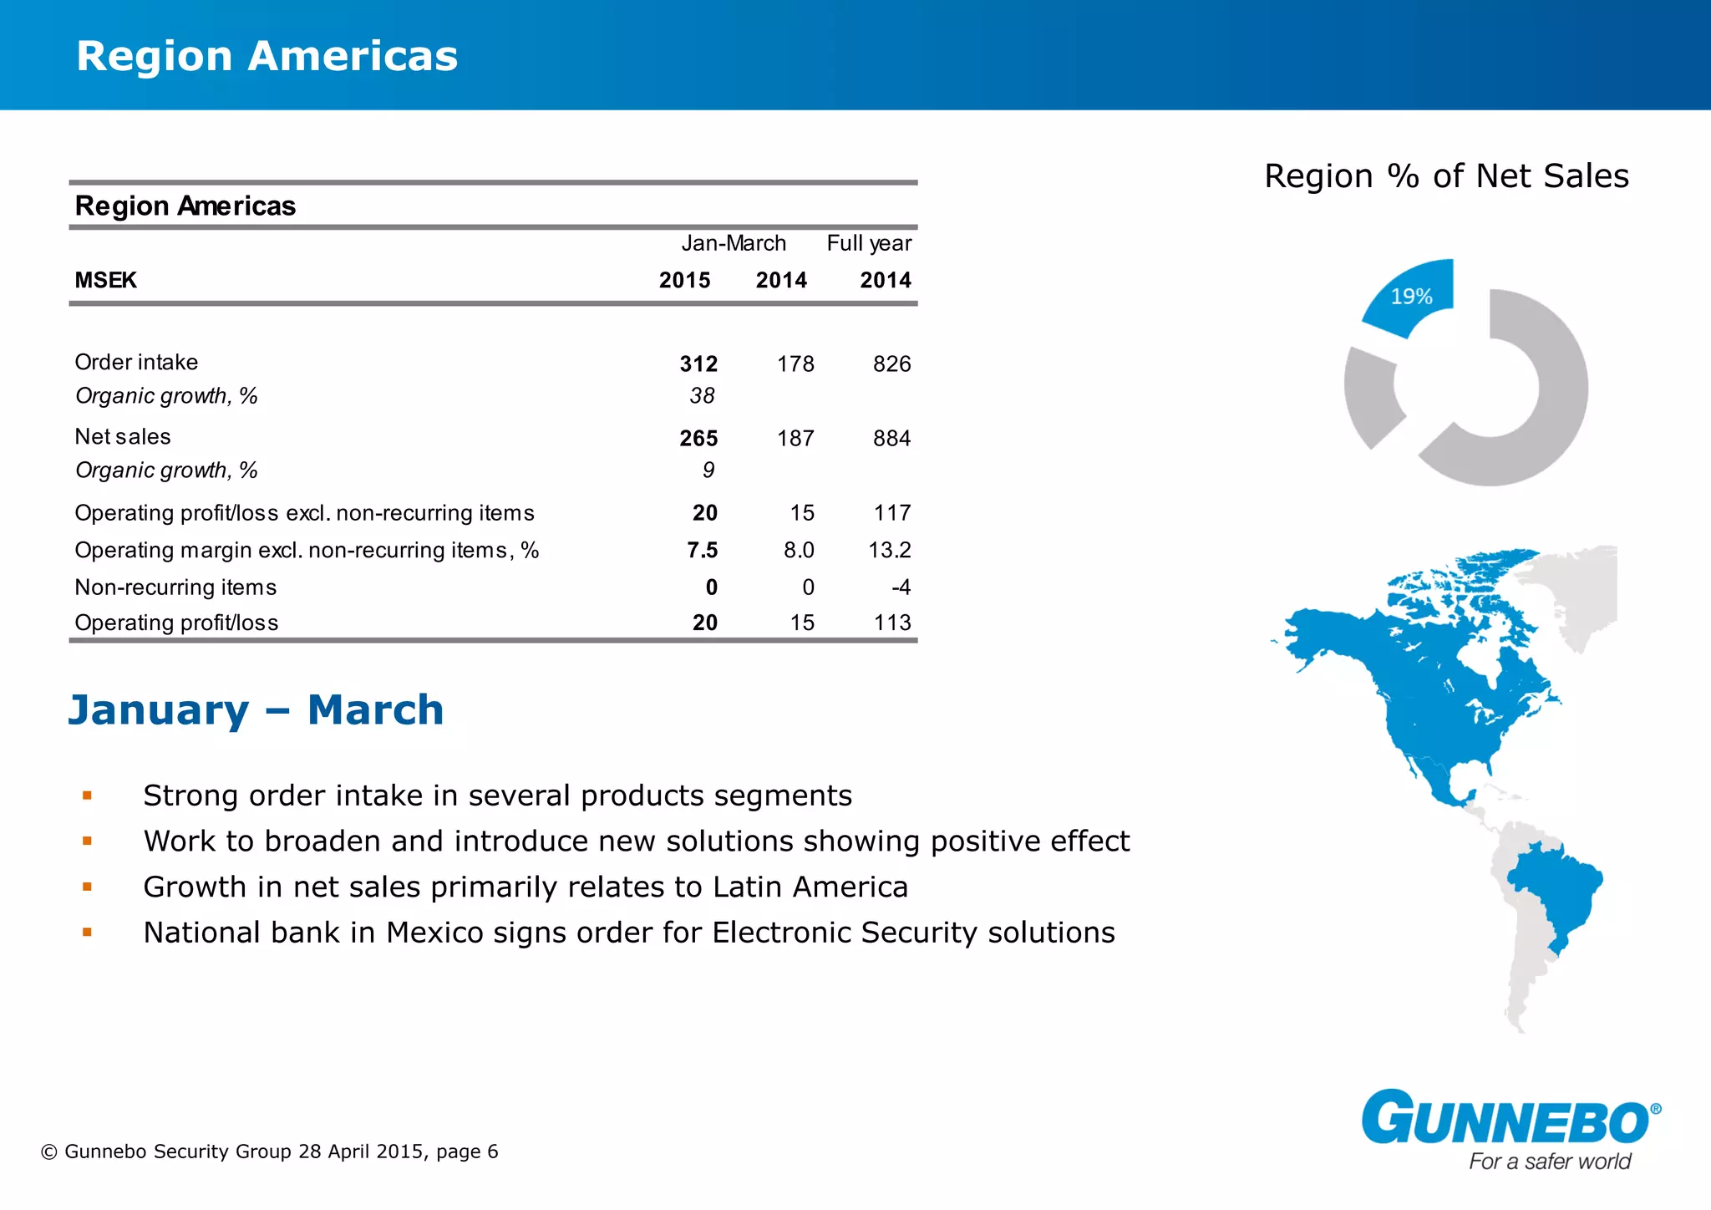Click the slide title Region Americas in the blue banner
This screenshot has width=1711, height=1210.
click(267, 57)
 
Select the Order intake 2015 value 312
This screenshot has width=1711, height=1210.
click(698, 364)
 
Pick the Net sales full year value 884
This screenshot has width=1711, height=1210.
click(891, 439)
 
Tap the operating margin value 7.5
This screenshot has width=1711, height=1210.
click(702, 551)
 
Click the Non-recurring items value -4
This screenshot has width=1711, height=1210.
click(900, 588)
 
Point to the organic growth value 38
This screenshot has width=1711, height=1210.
click(702, 396)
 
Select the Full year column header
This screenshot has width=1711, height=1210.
click(869, 243)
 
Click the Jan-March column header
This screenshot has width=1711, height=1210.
click(734, 243)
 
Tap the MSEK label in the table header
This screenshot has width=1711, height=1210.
click(105, 281)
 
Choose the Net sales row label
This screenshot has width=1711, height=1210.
click(123, 437)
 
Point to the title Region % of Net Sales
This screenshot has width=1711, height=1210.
click(1446, 176)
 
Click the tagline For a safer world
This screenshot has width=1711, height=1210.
click(1550, 1162)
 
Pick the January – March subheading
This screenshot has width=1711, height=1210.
click(256, 710)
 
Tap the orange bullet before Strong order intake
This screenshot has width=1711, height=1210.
click(87, 796)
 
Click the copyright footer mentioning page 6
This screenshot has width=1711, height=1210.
click(269, 1152)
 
